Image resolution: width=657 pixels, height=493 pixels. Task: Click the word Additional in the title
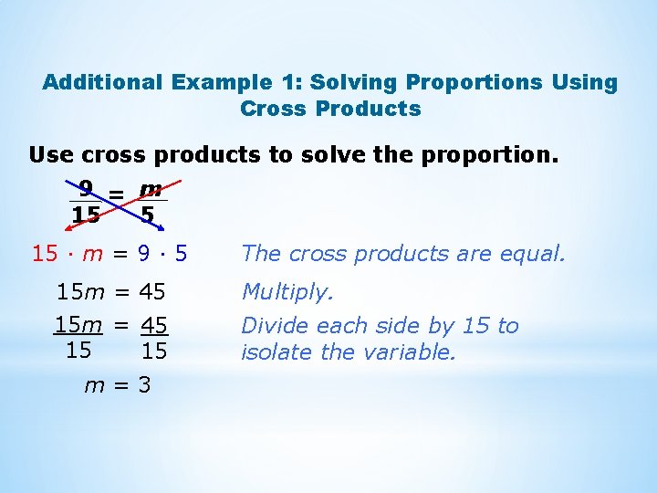coord(102,82)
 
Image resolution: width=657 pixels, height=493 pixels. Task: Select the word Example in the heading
coord(218,82)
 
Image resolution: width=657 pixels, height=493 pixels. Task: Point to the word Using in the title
coord(585,82)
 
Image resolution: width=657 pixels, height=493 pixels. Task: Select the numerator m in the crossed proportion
coord(151,189)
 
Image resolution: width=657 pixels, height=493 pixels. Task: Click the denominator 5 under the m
coord(147,215)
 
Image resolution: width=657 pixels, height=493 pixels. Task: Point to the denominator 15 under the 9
coord(86,215)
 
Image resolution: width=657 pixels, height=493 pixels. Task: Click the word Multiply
coord(287,292)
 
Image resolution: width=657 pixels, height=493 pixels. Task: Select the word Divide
coord(271,326)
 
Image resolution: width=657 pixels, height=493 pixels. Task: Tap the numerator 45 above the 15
coord(154,325)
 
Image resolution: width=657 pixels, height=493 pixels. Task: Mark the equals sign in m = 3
coord(120,386)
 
